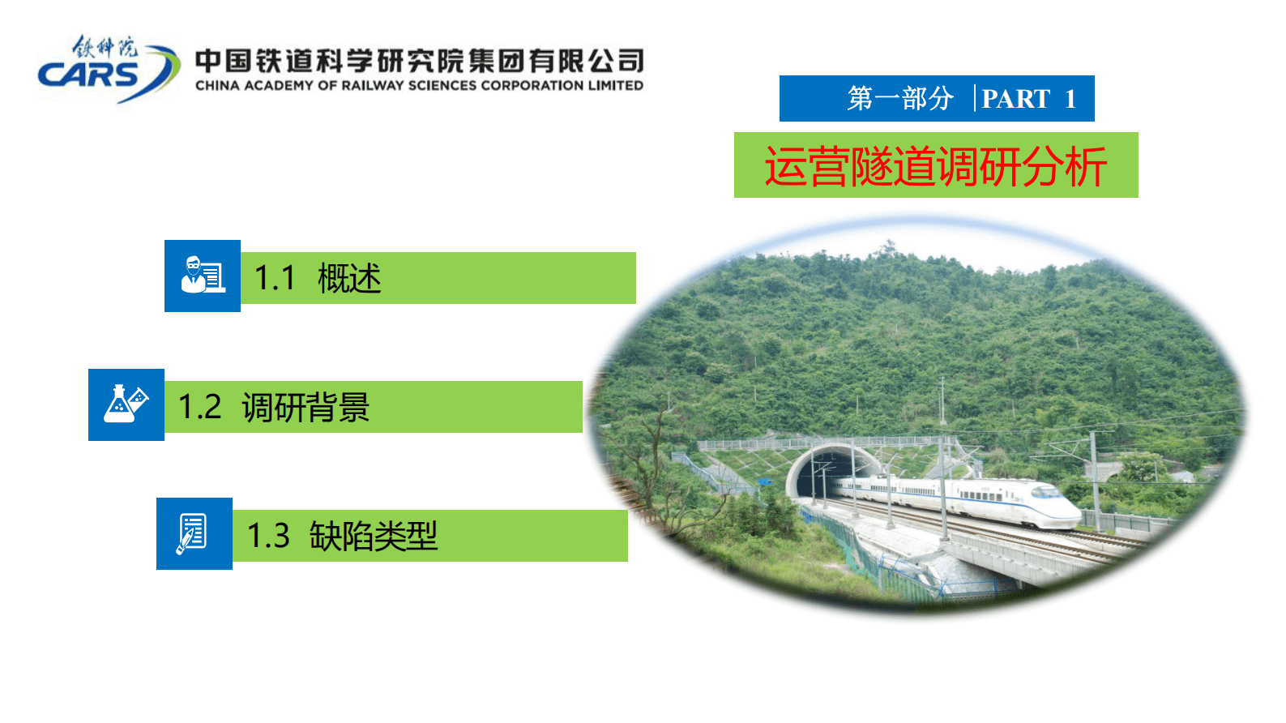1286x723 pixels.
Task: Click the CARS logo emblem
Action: [109, 70]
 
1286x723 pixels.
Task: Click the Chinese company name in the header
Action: [419, 61]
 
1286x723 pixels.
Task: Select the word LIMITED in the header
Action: [615, 86]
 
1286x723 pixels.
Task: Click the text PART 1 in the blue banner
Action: [1028, 99]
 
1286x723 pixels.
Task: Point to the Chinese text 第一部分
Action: [899, 99]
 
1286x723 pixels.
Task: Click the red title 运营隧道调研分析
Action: [935, 166]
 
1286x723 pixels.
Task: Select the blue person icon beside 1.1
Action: [203, 276]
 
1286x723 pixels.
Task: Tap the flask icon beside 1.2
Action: [126, 404]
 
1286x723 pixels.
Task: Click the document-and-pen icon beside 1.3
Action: [194, 533]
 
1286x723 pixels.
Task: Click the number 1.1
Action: [275, 279]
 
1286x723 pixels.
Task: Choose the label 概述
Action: [349, 279]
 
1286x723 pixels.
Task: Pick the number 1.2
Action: [199, 407]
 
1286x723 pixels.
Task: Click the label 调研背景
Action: [305, 407]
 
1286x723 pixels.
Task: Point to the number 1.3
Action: [268, 536]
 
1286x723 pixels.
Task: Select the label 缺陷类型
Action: [374, 536]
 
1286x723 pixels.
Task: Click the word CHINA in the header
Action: [217, 86]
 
